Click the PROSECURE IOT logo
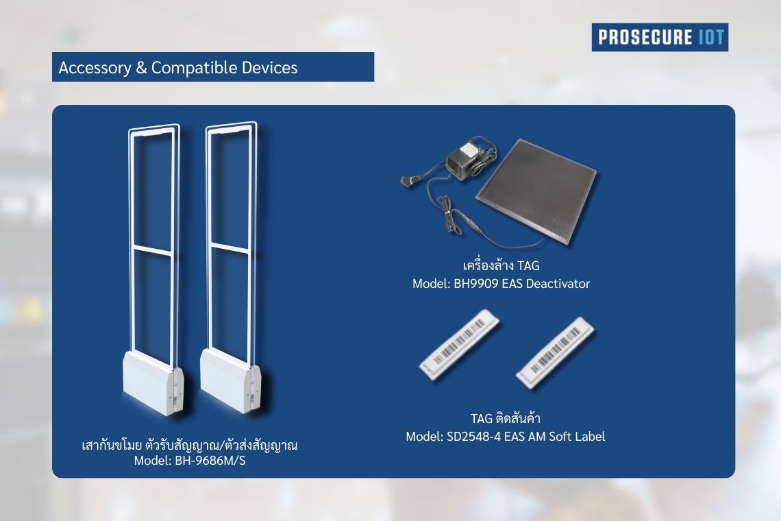(x=660, y=38)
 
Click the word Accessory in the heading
(x=95, y=68)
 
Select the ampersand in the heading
(x=141, y=69)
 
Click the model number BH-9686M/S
(x=210, y=461)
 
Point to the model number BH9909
(x=475, y=284)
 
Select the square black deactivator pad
(x=536, y=191)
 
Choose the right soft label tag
(x=555, y=352)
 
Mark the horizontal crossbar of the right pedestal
(x=230, y=247)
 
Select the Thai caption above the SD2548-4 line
(x=506, y=417)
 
